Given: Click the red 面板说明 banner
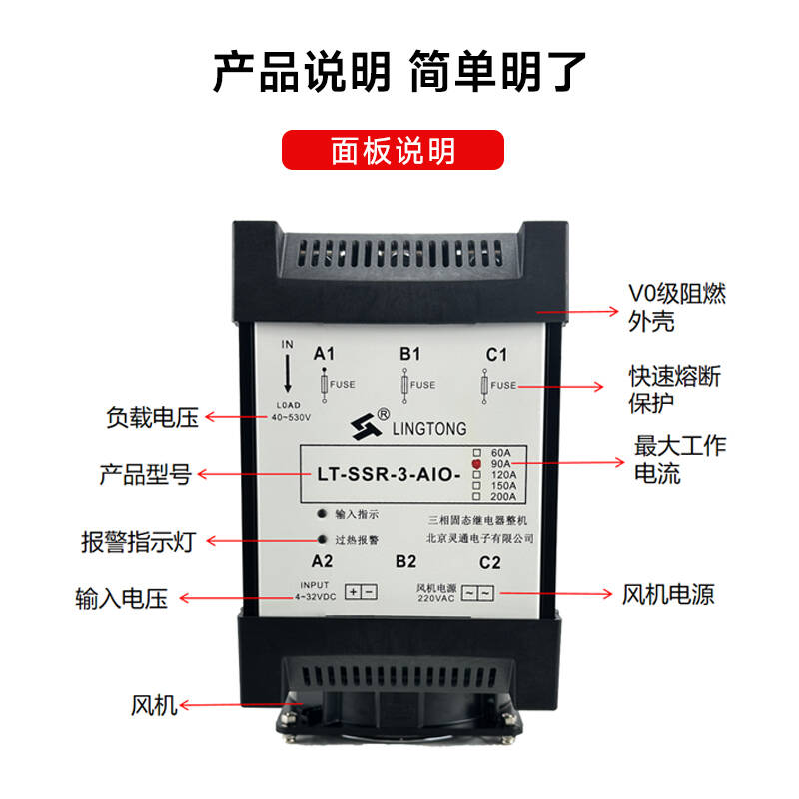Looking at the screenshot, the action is (393, 150).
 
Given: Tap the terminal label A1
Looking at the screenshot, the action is (324, 354).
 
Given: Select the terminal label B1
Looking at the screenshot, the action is (409, 354).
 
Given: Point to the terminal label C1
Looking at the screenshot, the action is (496, 355).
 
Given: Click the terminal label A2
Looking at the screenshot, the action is (322, 561).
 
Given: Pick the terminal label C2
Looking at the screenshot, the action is (490, 562).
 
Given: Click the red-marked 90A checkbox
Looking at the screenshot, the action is (477, 464).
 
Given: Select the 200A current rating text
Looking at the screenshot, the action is (503, 496).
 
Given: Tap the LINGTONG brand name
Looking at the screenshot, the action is (429, 429).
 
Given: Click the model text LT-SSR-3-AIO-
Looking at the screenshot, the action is (389, 475).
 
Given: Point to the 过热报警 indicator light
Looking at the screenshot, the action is (322, 539).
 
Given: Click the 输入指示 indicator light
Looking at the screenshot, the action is (322, 514).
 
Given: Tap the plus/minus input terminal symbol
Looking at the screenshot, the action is (361, 592).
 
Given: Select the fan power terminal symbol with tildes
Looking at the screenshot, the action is (477, 593).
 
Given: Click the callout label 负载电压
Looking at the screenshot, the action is (152, 417).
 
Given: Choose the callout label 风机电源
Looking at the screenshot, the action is (668, 594).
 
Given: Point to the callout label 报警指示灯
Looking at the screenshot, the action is (139, 541).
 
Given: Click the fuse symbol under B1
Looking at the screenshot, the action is (405, 386).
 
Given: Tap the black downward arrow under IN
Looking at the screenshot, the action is (288, 373).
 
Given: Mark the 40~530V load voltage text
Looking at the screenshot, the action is (291, 417).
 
